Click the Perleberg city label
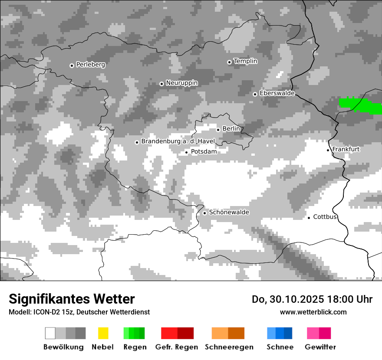[x=90, y=65]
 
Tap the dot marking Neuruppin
[x=161, y=84]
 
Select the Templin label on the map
[x=245, y=61]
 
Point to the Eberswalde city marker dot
[x=255, y=94]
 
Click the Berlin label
[x=231, y=129]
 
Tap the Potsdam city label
[x=204, y=151]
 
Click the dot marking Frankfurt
[x=328, y=150]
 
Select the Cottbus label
[x=325, y=217]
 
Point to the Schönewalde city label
[x=229, y=212]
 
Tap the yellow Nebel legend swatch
[x=103, y=333]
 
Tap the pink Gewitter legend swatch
[x=319, y=333]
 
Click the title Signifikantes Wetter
[x=72, y=299]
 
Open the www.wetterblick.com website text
[x=313, y=312]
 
